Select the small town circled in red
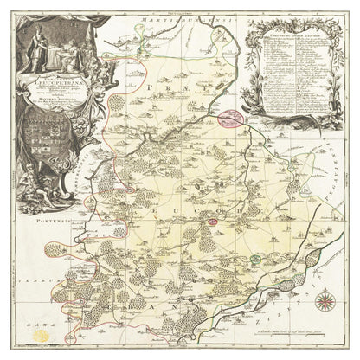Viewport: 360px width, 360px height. (x=212, y=223)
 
